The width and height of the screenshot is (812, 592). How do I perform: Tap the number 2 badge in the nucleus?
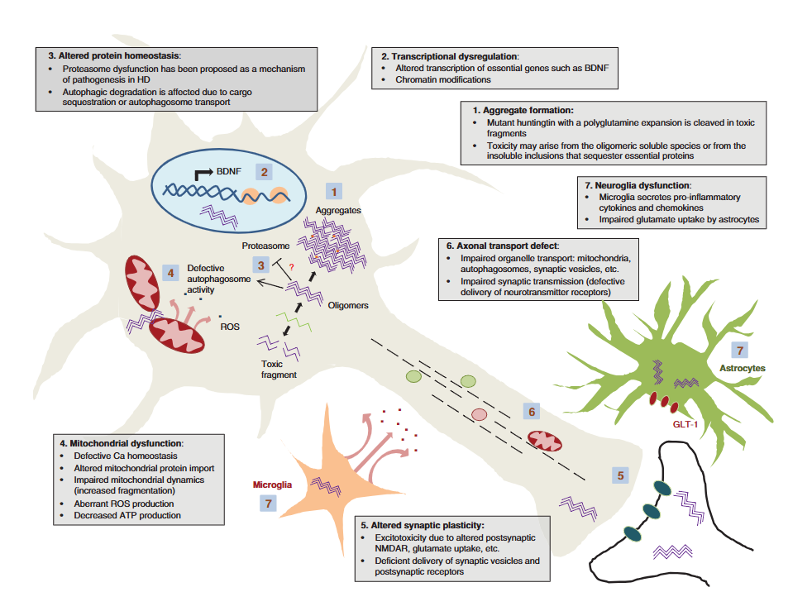pos(264,172)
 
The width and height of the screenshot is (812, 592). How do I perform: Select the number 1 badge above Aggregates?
pos(334,191)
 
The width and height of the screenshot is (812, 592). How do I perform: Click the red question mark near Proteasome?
pos(291,265)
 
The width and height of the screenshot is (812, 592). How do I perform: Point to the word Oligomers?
pos(347,305)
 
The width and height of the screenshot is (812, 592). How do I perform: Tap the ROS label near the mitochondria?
pos(229,327)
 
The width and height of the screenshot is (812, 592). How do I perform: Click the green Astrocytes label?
pos(743,367)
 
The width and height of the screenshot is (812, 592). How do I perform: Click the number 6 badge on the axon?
pos(533,411)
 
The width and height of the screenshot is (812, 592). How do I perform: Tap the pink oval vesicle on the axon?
pos(479,414)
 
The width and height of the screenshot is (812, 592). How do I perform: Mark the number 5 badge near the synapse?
pos(621,475)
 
